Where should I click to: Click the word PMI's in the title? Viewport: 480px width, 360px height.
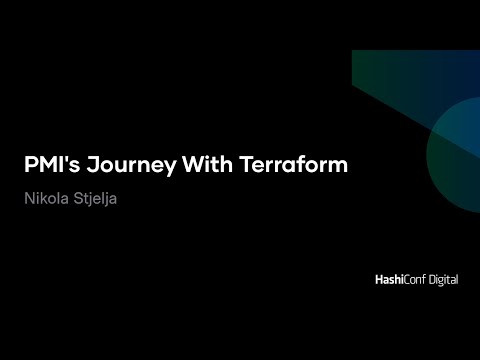48,165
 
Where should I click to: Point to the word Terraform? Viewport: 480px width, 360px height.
294,165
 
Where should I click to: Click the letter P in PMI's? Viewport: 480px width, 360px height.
31,165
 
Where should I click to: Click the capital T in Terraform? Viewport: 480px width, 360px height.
247,165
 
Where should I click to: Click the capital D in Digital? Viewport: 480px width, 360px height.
425,280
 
